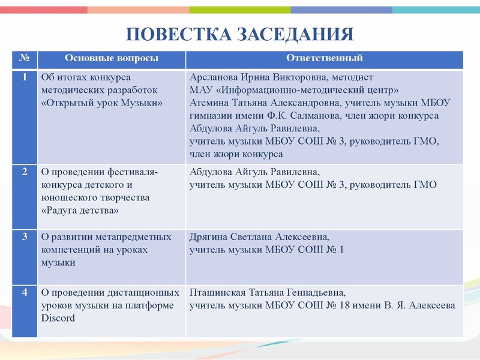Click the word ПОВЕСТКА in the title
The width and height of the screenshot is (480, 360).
point(174,34)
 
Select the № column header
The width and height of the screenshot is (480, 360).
point(25,58)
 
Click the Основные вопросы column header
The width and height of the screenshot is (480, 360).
point(112,58)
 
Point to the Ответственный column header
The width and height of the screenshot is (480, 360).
point(324,58)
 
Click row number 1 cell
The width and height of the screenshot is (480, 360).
point(25,77)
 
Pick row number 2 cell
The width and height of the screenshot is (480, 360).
point(25,172)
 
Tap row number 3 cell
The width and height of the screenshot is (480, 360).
point(25,236)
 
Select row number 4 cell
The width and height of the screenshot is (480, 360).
point(25,293)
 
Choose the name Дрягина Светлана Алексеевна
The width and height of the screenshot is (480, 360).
point(259,236)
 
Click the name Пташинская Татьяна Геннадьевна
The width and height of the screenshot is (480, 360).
point(267,293)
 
